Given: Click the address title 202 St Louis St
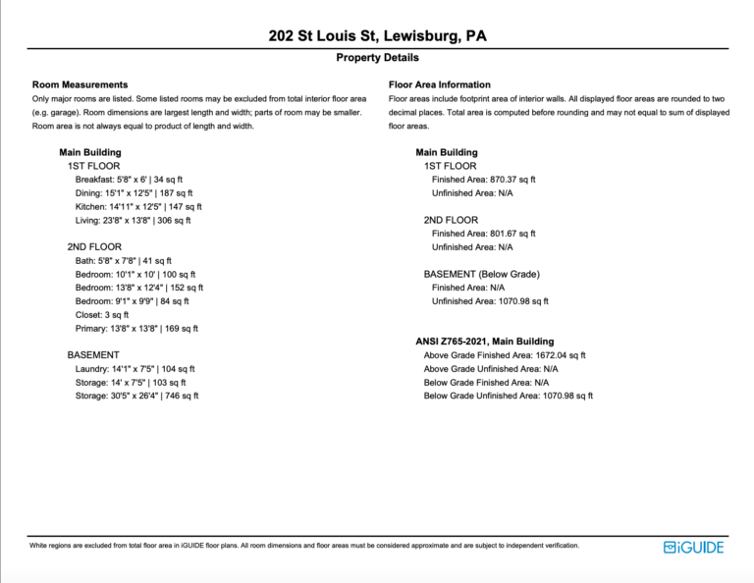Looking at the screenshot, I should tap(377, 36).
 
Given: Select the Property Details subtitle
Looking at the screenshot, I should tap(377, 58).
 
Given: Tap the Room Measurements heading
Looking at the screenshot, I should tap(80, 85).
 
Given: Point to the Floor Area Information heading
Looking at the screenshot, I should tap(440, 85).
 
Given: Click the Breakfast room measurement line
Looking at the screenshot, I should tap(134, 180).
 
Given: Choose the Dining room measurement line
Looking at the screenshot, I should tap(134, 193).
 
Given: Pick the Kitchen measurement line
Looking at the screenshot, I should tap(138, 207).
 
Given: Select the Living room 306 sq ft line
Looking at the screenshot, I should tap(134, 221).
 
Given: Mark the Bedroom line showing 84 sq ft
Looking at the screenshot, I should tap(132, 301).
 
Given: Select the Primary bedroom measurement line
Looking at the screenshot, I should tap(136, 329).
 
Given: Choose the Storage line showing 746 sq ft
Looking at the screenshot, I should tap(136, 396).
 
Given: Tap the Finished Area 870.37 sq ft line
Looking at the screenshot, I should tap(483, 180).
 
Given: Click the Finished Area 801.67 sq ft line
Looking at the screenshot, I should tap(483, 234).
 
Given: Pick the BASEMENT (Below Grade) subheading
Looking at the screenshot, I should tap(481, 274).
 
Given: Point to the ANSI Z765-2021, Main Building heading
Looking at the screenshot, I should tap(484, 342).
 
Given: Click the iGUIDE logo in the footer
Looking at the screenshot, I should tap(693, 547).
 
